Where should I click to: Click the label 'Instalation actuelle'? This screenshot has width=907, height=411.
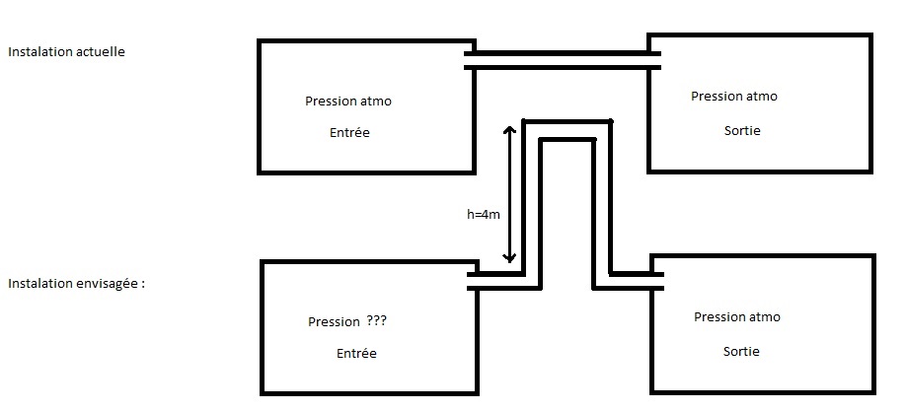66,52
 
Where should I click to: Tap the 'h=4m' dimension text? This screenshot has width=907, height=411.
486,214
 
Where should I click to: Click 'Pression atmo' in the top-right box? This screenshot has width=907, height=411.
734,97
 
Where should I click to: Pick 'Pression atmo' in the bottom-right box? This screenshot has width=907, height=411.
737,317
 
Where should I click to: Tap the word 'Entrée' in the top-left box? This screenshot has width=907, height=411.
349,132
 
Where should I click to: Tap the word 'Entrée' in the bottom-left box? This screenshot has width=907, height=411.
356,353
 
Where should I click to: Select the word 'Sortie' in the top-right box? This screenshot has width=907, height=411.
742,130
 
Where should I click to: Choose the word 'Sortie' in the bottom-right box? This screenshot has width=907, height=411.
742,351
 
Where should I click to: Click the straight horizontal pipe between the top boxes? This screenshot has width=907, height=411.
562,60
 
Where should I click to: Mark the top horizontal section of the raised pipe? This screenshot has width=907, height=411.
567,131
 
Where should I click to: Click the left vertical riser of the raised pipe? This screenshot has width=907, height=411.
532,207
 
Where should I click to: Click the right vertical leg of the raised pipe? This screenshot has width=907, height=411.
602,207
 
